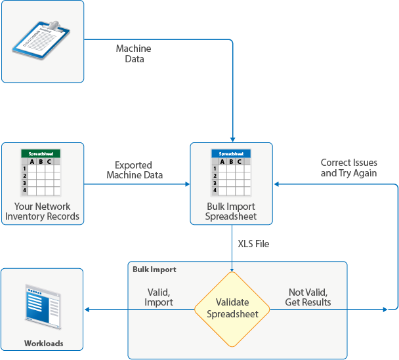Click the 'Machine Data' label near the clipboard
tap(133, 54)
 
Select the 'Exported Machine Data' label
tap(135, 170)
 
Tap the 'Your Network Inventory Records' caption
tap(43, 211)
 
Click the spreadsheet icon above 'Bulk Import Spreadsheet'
tap(230, 172)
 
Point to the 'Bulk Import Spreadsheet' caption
tap(231, 211)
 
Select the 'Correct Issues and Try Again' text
tap(348, 167)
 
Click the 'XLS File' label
tap(253, 244)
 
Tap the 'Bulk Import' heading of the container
tap(155, 270)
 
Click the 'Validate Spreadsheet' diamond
tap(232, 308)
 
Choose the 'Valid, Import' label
tap(159, 297)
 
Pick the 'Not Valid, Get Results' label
tap(308, 297)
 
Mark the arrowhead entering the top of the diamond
tap(232, 268)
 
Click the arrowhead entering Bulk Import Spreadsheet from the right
tap(278, 184)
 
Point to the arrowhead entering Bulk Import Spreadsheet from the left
tap(186, 184)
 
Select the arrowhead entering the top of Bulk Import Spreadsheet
tap(233, 138)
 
